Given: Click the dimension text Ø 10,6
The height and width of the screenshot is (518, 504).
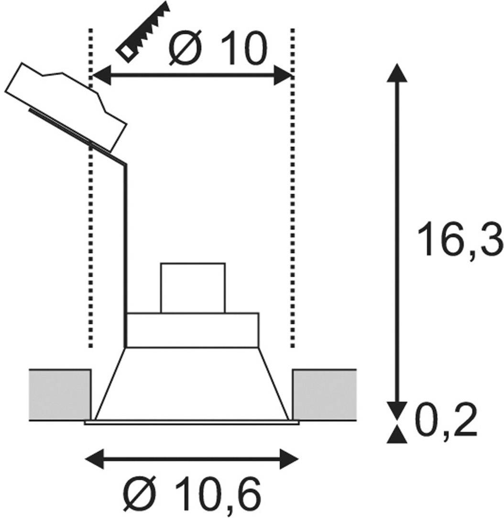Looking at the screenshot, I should (x=191, y=493).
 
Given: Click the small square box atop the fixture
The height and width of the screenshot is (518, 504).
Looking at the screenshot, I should (x=193, y=288).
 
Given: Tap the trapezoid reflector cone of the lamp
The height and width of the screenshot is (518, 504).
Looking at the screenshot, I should (x=192, y=383).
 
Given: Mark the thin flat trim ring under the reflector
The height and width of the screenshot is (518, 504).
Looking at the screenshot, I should (x=191, y=422).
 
